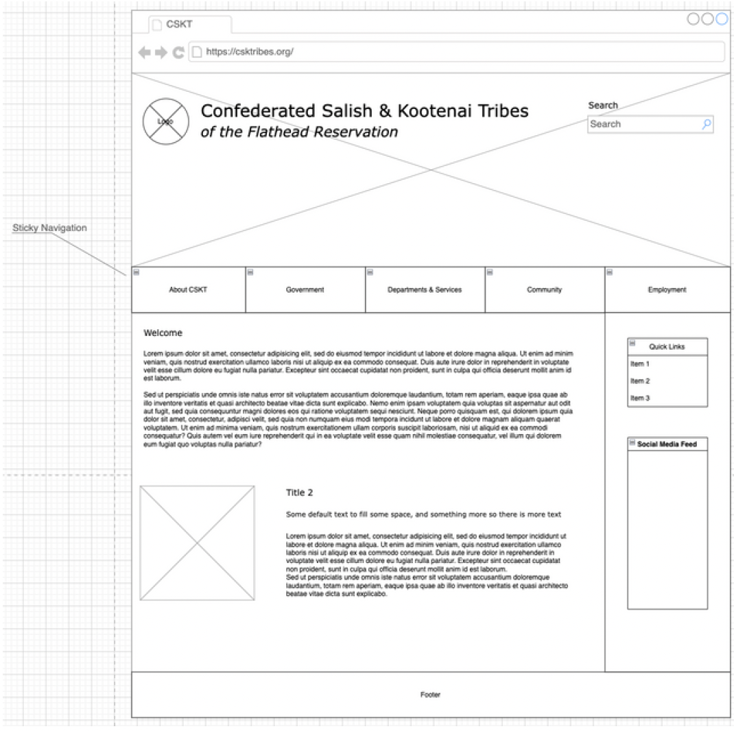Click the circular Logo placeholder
pos(165,121)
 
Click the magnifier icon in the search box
pos(707,124)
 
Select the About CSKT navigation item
pos(188,290)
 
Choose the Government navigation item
pos(305,290)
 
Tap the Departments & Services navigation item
pos(425,290)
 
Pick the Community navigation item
pos(545,290)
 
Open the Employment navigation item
pos(667,290)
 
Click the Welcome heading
pos(163,333)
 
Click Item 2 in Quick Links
pos(640,381)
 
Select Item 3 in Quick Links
pos(640,398)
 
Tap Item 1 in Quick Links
pos(640,364)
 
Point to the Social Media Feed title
pos(667,444)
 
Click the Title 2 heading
pos(300,492)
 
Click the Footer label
pos(431,695)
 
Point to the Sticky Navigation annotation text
pos(49,228)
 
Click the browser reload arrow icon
pos(178,52)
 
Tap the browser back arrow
pos(144,52)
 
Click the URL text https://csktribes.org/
pos(250,51)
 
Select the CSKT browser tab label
pos(179,25)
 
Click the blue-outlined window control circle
pos(721,19)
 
